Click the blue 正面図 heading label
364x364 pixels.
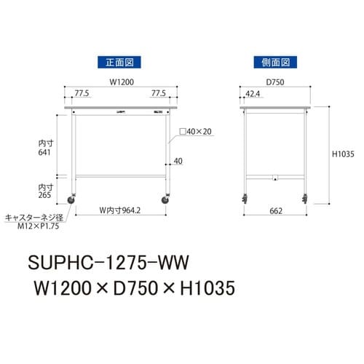tap(118, 62)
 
